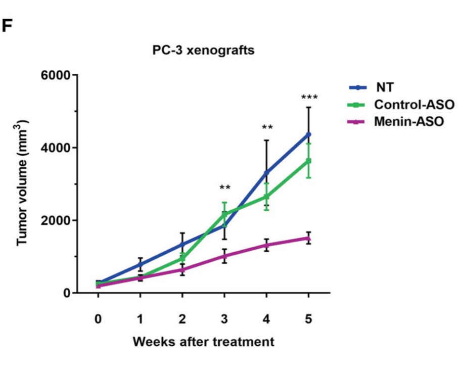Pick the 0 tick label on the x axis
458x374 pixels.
[x=98, y=319]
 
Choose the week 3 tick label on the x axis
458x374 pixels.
[x=224, y=319]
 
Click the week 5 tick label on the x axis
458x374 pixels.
[x=308, y=319]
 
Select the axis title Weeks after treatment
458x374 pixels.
[x=203, y=342]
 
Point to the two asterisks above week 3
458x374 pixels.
[x=224, y=188]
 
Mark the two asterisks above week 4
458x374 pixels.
[x=267, y=127]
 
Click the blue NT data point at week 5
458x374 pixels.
[x=308, y=134]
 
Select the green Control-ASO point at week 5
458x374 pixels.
[x=308, y=161]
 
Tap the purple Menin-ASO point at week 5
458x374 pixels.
[x=308, y=238]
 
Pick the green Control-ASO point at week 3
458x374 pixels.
[x=224, y=214]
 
